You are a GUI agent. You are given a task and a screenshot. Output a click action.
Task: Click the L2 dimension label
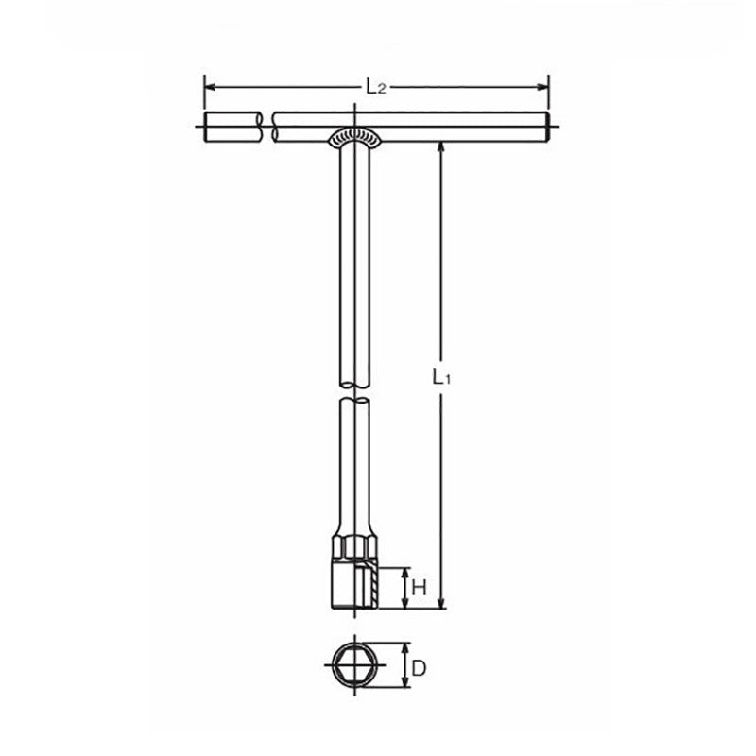[376, 87]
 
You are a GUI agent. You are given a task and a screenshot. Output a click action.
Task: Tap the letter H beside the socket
[421, 588]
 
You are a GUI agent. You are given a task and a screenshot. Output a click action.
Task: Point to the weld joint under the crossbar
[353, 138]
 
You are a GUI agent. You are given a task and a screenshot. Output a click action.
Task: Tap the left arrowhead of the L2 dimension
[210, 87]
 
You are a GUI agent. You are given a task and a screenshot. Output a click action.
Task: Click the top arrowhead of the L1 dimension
[441, 148]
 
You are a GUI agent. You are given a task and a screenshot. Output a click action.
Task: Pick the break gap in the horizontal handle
[266, 129]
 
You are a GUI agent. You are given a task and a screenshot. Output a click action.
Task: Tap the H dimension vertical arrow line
[405, 588]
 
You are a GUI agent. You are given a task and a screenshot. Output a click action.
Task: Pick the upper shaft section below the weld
[353, 255]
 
